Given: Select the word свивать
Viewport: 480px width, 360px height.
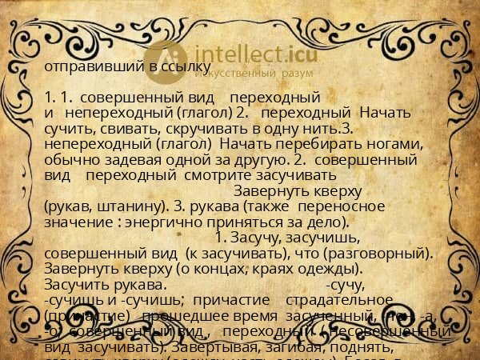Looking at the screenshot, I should click(x=109, y=128).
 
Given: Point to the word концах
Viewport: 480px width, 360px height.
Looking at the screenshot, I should click(x=207, y=269).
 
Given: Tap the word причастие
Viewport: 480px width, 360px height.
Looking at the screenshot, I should click(x=231, y=299).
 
